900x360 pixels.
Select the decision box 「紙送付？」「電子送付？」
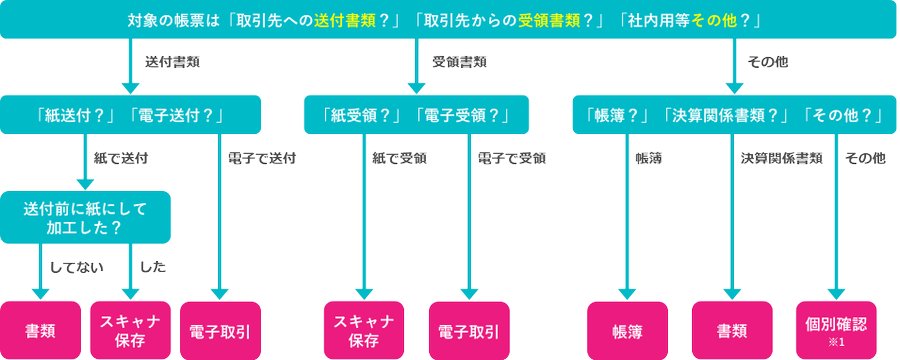tap(130, 115)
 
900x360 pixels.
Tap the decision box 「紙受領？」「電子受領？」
tap(417, 115)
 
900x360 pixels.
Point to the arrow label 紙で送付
tap(121, 159)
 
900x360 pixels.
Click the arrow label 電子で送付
tap(262, 159)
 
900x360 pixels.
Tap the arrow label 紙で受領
tap(399, 159)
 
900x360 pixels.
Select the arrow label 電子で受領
tap(511, 159)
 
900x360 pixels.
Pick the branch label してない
tap(77, 267)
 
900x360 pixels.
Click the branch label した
tap(152, 267)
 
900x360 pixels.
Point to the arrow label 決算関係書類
tap(781, 159)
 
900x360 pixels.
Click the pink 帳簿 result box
tap(627, 331)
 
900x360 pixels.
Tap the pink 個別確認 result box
tap(836, 331)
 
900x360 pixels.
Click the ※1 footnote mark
tap(836, 343)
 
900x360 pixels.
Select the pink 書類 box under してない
tap(40, 331)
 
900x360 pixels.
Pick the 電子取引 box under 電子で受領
tap(469, 331)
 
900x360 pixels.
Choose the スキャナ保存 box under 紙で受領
tap(364, 331)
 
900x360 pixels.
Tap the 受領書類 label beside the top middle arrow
tap(459, 63)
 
